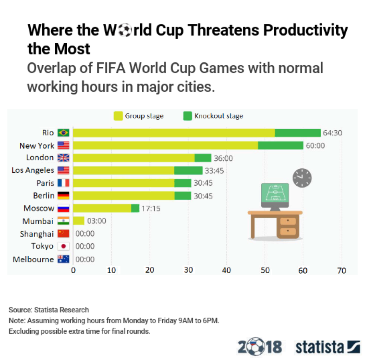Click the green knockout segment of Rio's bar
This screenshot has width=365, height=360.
coord(298,133)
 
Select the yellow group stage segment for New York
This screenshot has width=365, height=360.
coord(165,145)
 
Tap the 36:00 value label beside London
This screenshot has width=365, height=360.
coord(223,158)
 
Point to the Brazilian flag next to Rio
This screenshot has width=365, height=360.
coord(63,133)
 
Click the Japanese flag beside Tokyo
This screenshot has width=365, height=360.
coord(63,246)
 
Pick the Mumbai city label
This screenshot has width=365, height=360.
coord(38,221)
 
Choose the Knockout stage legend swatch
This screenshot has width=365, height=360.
coord(188,116)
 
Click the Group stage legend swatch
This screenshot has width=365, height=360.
coord(118,116)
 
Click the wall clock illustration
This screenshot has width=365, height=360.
coord(302,178)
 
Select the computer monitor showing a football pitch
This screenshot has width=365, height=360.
coord(275,196)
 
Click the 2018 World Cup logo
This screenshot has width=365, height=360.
coord(259,346)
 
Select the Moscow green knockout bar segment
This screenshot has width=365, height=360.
coord(135,208)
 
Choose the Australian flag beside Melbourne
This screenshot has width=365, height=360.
coord(63,259)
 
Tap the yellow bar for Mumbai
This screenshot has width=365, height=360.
coord(78,221)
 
